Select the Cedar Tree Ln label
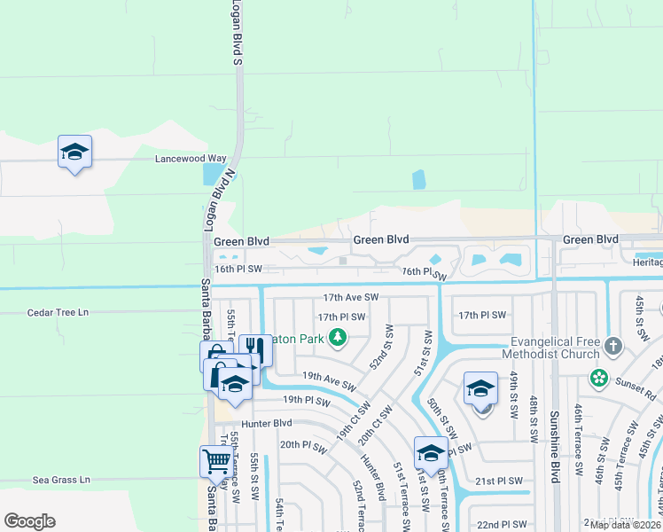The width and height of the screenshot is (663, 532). [x=59, y=313]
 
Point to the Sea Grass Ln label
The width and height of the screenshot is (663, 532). [x=62, y=480]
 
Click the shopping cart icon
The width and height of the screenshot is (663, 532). [x=215, y=460]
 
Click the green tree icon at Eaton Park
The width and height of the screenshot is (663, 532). [x=337, y=336]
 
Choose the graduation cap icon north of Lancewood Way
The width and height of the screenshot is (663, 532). [x=75, y=151]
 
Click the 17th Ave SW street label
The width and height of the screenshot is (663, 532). [x=351, y=298]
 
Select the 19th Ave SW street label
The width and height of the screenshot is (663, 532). [x=328, y=382]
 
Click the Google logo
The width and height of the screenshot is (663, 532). [x=30, y=521]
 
